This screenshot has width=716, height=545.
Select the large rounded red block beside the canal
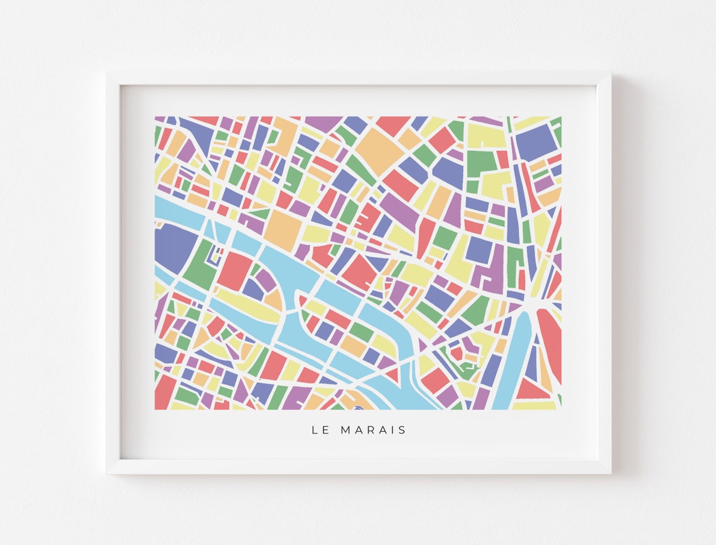click(x=549, y=343)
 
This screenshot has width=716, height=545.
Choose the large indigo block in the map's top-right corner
click(x=534, y=142)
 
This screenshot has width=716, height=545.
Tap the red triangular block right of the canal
click(x=531, y=390)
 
